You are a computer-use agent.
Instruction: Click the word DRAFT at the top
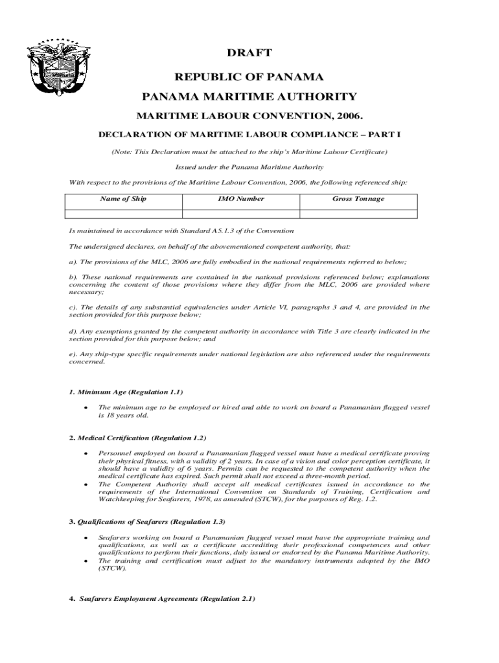(250, 52)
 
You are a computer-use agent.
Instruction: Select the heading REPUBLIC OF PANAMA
(250, 77)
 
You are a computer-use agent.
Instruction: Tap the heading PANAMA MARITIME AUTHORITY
(250, 97)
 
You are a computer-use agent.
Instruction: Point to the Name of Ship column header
(123, 199)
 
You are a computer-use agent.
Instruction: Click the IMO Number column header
(240, 199)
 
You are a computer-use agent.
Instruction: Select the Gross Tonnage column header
(358, 199)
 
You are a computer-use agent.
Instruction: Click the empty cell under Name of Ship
(123, 213)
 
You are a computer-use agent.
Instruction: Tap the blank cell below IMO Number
(240, 213)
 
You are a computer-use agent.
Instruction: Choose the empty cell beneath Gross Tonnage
(358, 213)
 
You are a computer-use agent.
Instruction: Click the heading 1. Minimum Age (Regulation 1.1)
(126, 392)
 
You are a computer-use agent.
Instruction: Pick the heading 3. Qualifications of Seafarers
(148, 521)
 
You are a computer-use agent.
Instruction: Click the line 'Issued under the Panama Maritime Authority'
(250, 166)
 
